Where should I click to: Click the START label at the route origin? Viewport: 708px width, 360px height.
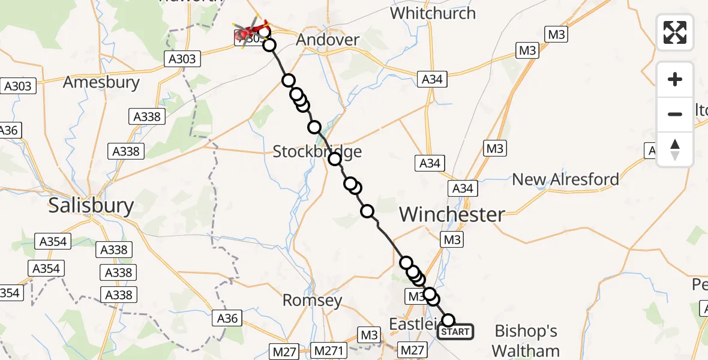(x=455, y=332)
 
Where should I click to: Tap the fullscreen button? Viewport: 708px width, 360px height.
(x=675, y=32)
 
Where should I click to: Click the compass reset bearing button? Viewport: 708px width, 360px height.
(x=675, y=149)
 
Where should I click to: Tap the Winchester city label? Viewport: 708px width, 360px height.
(x=452, y=214)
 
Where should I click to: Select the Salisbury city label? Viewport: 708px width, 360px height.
(x=91, y=206)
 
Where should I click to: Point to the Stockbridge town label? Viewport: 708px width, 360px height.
(x=317, y=151)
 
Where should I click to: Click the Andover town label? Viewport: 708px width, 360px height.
(x=329, y=40)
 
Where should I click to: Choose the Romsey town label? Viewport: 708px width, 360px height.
(x=312, y=301)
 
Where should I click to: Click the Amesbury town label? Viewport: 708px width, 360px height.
(x=101, y=82)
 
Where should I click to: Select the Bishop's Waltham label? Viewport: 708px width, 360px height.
(x=527, y=340)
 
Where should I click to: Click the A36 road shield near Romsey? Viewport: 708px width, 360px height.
(x=227, y=319)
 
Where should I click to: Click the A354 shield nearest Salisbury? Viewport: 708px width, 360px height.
(x=53, y=242)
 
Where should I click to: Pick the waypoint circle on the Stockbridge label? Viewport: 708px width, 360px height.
(x=335, y=158)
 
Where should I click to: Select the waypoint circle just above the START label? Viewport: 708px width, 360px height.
(x=448, y=320)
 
